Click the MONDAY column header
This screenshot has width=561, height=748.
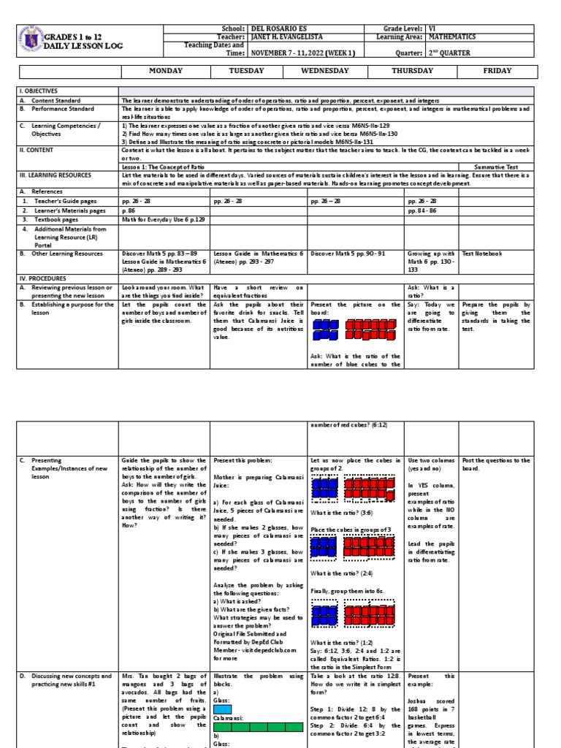coord(164,71)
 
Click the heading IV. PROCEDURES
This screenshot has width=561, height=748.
coord(43,278)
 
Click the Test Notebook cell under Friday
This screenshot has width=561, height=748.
coord(481,253)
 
